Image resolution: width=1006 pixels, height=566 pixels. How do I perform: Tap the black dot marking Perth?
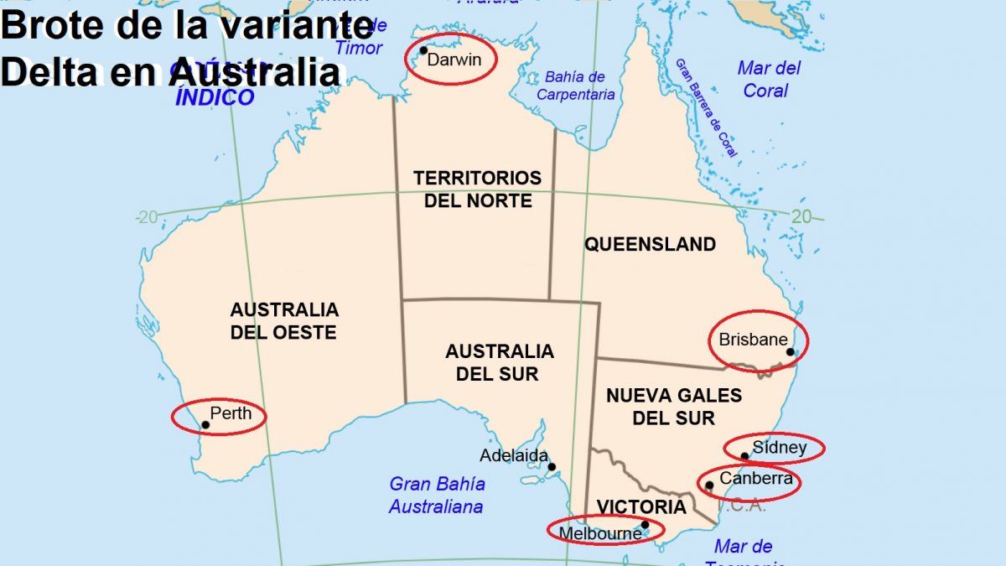pyautogui.click(x=205, y=425)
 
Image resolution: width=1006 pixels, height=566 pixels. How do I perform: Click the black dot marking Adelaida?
pyautogui.click(x=552, y=467)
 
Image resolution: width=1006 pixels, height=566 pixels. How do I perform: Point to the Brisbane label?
pyautogui.click(x=753, y=340)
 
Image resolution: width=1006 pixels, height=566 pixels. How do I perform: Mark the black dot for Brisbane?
pyautogui.click(x=790, y=352)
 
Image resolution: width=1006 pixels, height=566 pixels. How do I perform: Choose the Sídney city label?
pyautogui.click(x=779, y=447)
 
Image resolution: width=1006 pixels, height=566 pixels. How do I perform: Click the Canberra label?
pyautogui.click(x=756, y=479)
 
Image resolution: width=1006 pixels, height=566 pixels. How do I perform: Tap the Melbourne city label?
pyautogui.click(x=599, y=532)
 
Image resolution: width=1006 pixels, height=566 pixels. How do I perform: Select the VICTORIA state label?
pyautogui.click(x=640, y=507)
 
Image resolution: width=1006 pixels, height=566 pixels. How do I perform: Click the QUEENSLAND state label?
pyautogui.click(x=650, y=245)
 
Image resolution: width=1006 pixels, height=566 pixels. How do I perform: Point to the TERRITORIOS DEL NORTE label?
pyautogui.click(x=477, y=190)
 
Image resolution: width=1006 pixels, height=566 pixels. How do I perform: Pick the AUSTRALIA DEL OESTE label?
pyautogui.click(x=283, y=321)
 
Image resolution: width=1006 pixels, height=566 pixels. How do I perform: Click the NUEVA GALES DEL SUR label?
pyautogui.click(x=673, y=406)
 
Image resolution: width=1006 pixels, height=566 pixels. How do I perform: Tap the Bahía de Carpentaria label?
pyautogui.click(x=575, y=86)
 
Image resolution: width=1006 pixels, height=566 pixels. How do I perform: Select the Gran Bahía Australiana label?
pyautogui.click(x=436, y=496)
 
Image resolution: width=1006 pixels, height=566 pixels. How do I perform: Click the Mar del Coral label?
pyautogui.click(x=769, y=79)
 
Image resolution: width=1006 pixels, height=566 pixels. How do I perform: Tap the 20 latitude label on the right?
pyautogui.click(x=801, y=216)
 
